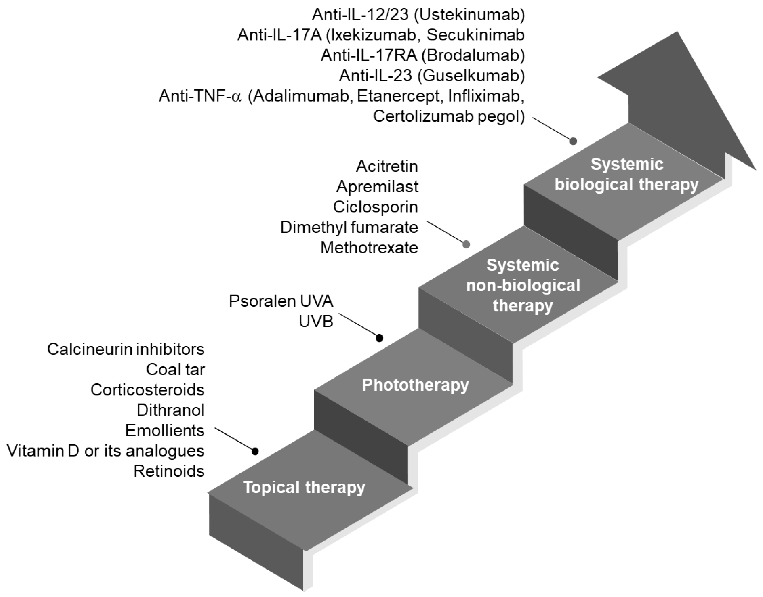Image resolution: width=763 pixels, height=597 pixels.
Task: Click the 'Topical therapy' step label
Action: pyautogui.click(x=304, y=487)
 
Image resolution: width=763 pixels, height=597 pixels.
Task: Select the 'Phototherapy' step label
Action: pyautogui.click(x=415, y=385)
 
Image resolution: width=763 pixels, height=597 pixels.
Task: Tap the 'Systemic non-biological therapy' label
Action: pyautogui.click(x=523, y=285)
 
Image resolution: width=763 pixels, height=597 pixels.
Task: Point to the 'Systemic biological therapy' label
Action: pyautogui.click(x=626, y=174)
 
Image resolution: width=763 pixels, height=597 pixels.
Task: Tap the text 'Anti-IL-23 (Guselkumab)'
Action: pyautogui.click(x=432, y=75)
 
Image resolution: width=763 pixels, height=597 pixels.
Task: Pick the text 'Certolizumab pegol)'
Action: pyautogui.click(x=449, y=116)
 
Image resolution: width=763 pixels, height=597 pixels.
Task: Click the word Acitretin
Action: pyautogui.click(x=387, y=166)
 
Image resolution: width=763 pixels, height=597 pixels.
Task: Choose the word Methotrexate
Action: pyautogui.click(x=369, y=248)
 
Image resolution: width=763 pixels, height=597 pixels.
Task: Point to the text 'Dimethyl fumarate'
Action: pyautogui.click(x=349, y=228)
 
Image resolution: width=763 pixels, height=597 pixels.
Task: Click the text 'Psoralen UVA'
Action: pyautogui.click(x=281, y=301)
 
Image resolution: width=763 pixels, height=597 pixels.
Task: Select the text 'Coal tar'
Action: pyautogui.click(x=175, y=369)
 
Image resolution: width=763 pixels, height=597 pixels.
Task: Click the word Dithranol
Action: pyautogui.click(x=171, y=410)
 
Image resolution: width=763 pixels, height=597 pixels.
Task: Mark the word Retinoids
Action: pyautogui.click(x=169, y=471)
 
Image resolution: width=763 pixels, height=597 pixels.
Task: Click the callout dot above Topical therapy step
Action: pyautogui.click(x=255, y=451)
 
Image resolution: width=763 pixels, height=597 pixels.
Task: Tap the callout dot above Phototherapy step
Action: pyautogui.click(x=379, y=338)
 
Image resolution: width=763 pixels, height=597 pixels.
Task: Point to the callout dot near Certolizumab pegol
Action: pyautogui.click(x=573, y=141)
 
